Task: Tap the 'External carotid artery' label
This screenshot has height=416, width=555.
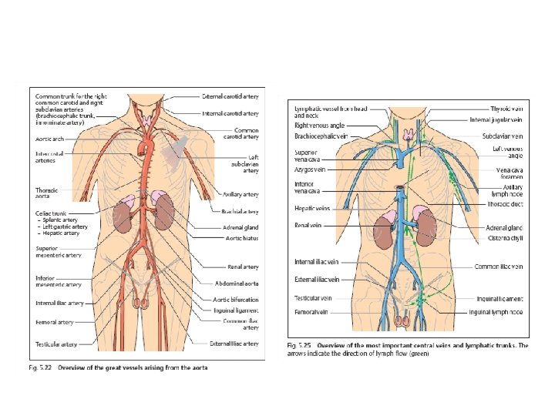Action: click(x=230, y=97)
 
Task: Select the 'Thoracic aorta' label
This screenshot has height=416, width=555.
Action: click(x=47, y=193)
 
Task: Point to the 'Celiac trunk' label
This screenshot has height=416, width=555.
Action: click(x=52, y=212)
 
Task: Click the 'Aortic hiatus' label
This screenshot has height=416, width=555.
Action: click(x=240, y=238)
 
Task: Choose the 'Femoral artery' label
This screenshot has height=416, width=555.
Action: click(x=54, y=322)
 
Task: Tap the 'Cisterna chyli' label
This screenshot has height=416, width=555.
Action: click(x=503, y=239)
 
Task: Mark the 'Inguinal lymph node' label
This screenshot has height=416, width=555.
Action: click(x=497, y=312)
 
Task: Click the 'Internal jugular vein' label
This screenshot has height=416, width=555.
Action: click(x=499, y=120)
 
